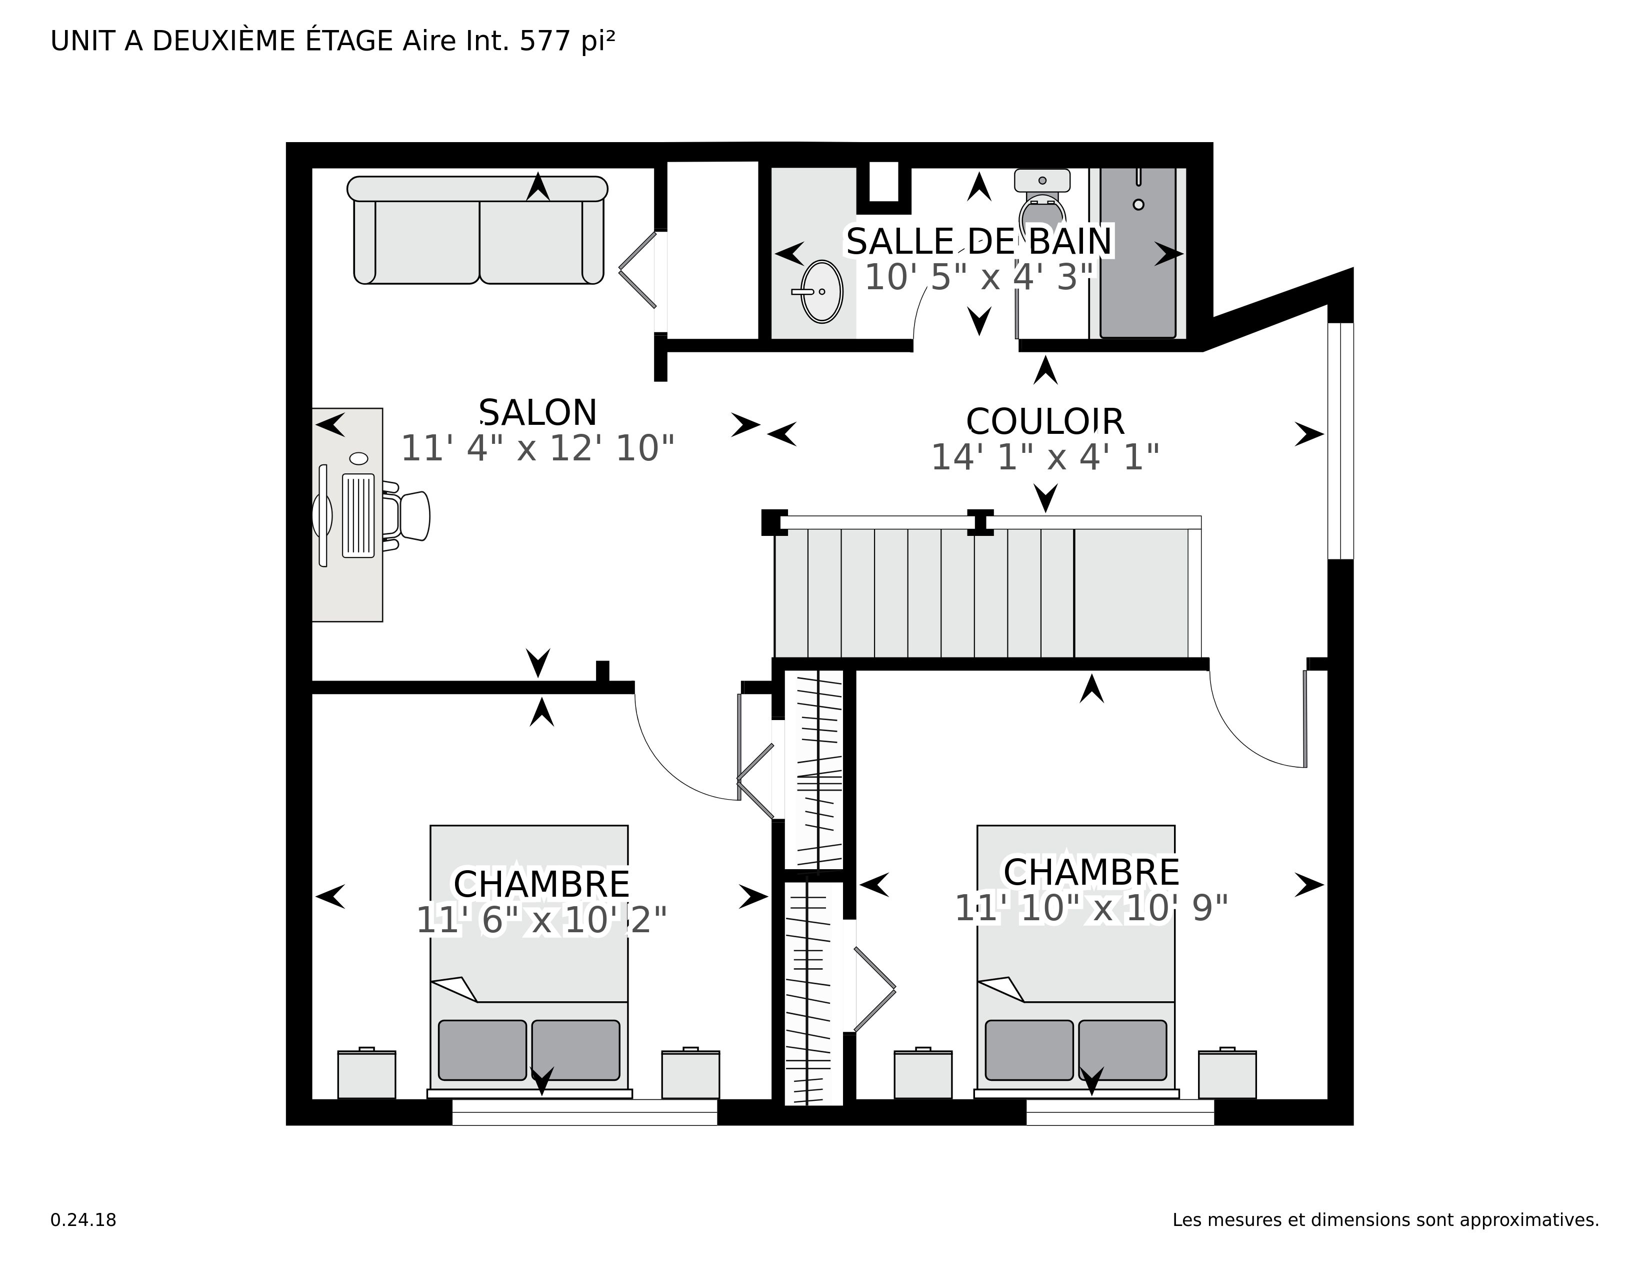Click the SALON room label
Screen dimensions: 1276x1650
pyautogui.click(x=538, y=413)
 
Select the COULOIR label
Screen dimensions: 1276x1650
pyautogui.click(x=1045, y=422)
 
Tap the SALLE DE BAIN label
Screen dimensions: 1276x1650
pyautogui.click(x=978, y=242)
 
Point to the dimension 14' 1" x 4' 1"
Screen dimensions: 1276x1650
pyautogui.click(x=1045, y=457)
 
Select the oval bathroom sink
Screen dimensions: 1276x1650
pyautogui.click(x=821, y=291)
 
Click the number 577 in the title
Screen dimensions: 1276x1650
pyautogui.click(x=544, y=42)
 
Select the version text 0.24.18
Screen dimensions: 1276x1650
pyautogui.click(x=83, y=1220)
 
